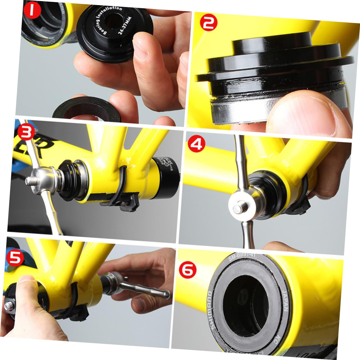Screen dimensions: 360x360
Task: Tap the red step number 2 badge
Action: coord(208,24)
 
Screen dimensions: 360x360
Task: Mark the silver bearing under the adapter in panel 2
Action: coord(239,112)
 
